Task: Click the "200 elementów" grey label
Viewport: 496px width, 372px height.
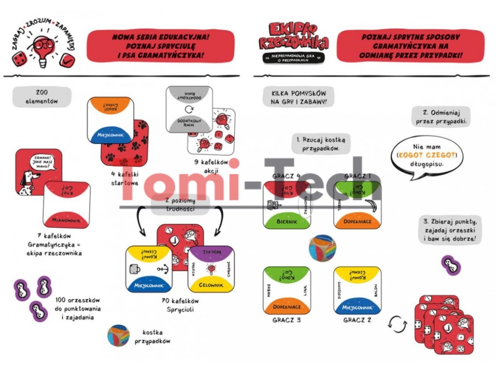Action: point(41,97)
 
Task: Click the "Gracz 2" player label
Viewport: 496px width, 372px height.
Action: point(357,320)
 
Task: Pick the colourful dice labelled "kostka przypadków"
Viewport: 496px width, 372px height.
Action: point(119,335)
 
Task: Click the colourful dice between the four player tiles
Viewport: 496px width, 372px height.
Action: point(322,248)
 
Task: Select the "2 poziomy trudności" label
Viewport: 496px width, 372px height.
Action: point(180,205)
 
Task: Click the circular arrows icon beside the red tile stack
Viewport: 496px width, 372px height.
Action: point(398,325)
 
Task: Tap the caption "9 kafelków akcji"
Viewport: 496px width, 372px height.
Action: point(211,166)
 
